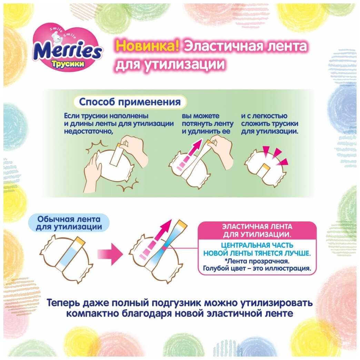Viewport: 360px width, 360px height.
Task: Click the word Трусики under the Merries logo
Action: (68, 64)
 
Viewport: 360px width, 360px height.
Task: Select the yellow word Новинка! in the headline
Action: (147, 46)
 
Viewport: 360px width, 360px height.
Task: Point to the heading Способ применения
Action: (130, 102)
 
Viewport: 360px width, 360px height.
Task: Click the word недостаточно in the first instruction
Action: (89, 132)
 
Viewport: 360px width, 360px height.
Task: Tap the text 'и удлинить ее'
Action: (206, 131)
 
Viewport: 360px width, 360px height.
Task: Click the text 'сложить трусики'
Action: (270, 123)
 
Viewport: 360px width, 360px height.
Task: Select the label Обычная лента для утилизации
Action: (69, 223)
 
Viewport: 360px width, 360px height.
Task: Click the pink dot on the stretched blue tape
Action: (164, 248)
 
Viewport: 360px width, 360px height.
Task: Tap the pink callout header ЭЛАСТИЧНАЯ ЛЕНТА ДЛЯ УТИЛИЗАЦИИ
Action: (257, 230)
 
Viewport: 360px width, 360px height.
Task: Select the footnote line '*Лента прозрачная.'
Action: (257, 261)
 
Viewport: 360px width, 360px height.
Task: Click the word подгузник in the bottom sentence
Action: (176, 303)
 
